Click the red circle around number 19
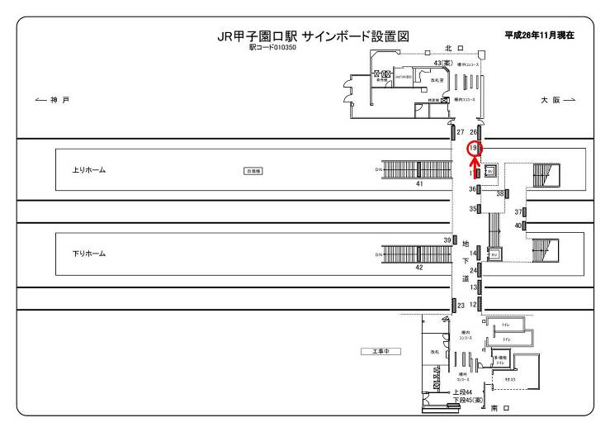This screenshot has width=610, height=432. pos(474,149)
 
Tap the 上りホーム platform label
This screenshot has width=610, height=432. pos(90,171)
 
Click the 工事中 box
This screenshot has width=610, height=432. pos(381,351)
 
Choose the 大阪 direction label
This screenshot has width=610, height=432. pos(557,100)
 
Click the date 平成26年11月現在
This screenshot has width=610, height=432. pos(538,36)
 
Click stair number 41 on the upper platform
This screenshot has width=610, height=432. pos(419,183)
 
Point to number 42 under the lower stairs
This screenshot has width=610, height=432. pos(419,268)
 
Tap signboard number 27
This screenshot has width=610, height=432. pos(461,132)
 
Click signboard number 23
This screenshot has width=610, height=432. pos(461,306)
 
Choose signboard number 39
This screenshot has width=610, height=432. pos(447,240)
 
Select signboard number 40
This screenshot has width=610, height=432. pos(518,225)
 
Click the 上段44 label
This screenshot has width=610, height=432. pos(461,392)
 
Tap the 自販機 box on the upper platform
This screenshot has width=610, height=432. pos(252,171)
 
